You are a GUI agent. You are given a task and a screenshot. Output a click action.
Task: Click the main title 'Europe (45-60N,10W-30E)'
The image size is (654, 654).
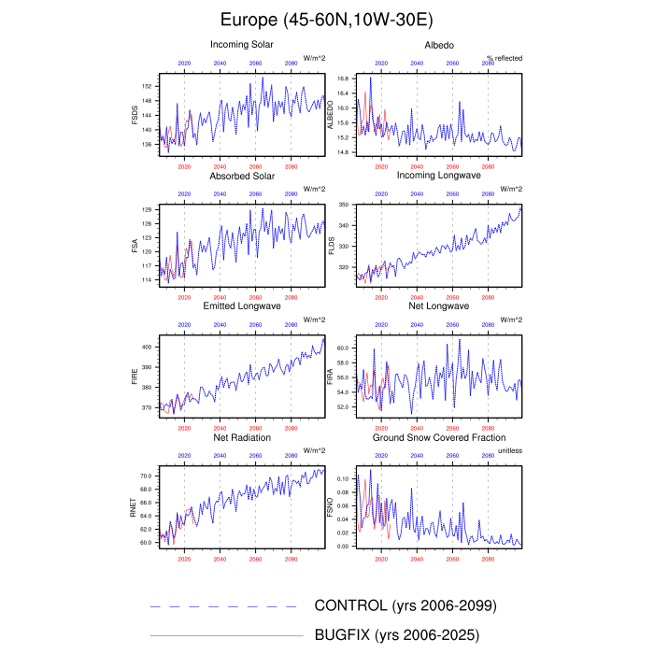pos(327,19)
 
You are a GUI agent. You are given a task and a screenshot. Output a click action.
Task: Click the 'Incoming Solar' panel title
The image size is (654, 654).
pos(242,44)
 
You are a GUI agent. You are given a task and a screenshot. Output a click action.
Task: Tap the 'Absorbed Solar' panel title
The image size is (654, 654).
pos(242,176)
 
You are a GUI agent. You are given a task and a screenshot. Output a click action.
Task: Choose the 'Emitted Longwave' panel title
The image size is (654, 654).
pos(242,306)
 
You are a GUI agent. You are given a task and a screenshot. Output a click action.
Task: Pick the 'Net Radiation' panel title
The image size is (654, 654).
pos(242,437)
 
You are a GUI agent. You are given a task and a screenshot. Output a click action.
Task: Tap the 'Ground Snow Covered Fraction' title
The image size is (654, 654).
pos(439,437)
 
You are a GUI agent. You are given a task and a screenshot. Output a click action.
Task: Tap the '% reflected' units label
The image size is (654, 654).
pos(505,58)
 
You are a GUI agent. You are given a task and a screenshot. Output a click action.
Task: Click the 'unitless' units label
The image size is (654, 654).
pos(509,450)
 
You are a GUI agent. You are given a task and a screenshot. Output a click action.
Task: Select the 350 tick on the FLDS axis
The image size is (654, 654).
pos(342,204)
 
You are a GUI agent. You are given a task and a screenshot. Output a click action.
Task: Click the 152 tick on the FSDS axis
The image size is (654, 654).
pos(148,86)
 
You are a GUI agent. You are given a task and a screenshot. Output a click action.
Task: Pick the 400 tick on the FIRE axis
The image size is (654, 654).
pos(147,347)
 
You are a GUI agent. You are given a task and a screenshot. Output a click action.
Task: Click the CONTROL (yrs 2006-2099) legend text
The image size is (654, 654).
pos(405,605)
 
